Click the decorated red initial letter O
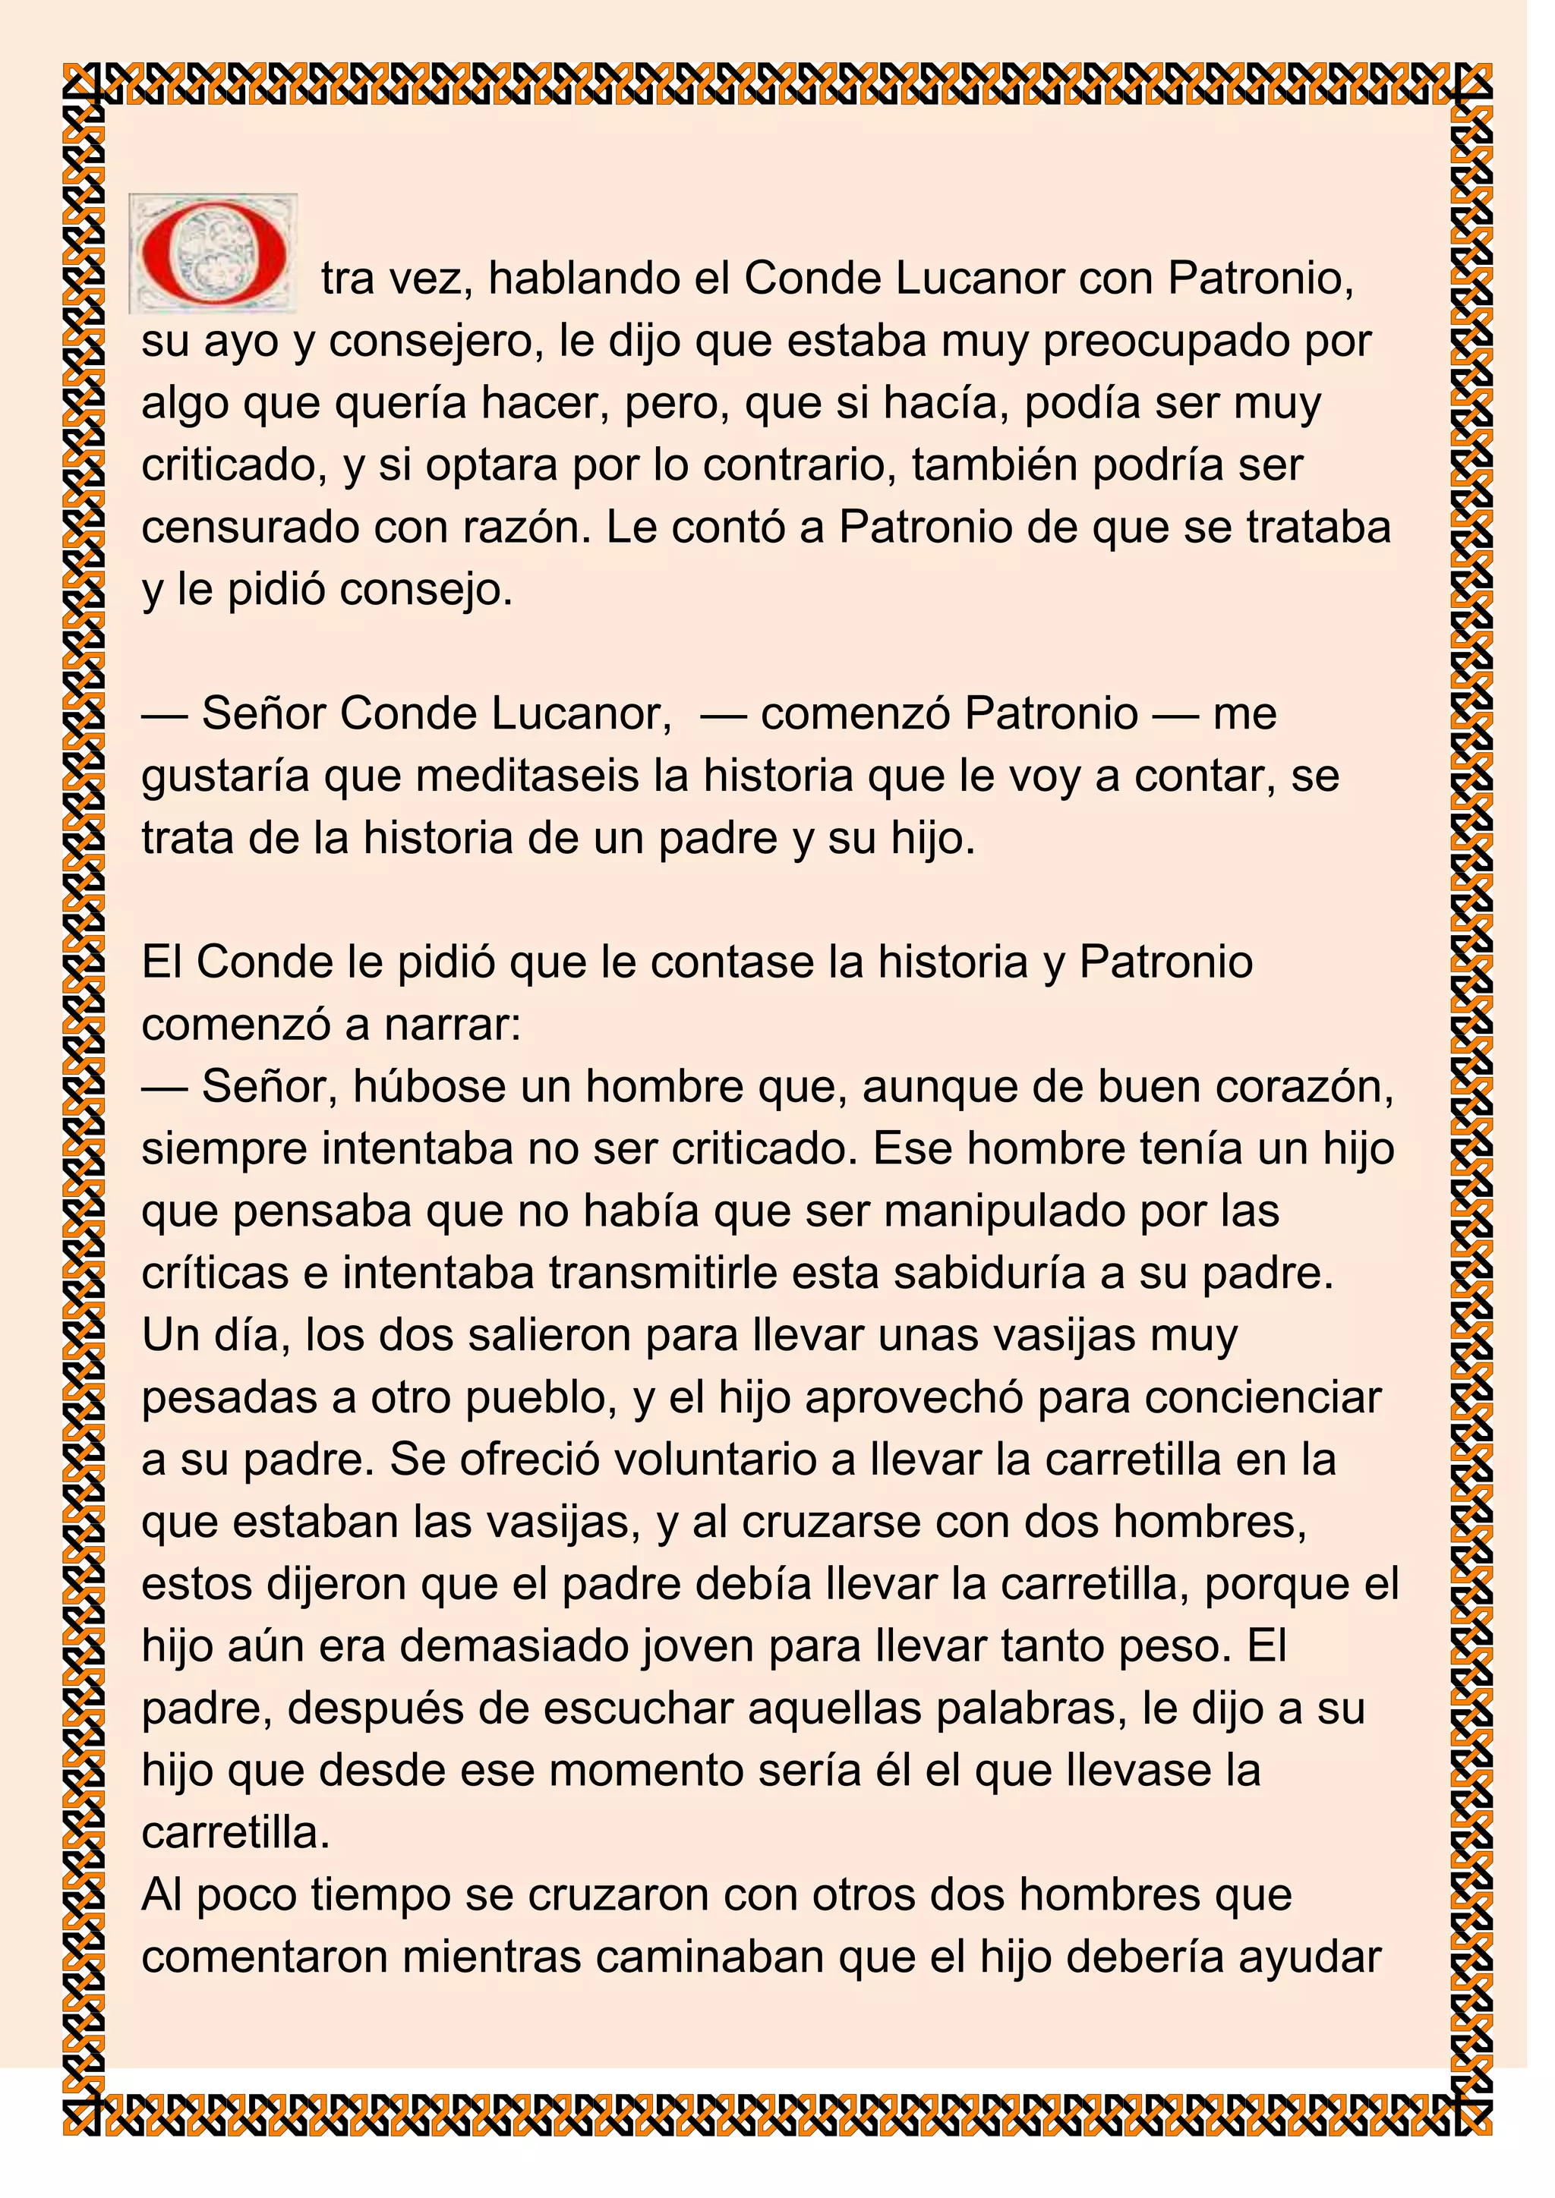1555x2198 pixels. pos(213,253)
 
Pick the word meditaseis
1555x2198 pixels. pos(528,776)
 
